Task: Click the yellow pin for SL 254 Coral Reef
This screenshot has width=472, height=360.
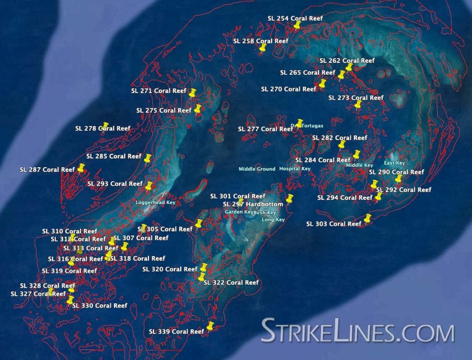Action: point(297,25)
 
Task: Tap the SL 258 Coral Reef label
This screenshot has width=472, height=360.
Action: point(260,41)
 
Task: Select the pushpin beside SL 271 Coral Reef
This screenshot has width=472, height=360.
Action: point(192,93)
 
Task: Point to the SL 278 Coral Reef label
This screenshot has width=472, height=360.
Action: point(102,128)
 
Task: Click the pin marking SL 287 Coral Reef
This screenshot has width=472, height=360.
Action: point(81,168)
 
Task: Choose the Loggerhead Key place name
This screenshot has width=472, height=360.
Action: point(155,203)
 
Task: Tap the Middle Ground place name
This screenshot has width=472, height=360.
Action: point(257,169)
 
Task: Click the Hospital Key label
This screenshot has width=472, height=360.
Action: point(295,169)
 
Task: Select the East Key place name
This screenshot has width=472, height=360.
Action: point(395,163)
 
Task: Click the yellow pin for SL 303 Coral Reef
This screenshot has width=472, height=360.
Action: point(368,218)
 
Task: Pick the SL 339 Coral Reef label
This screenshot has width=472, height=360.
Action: point(176,332)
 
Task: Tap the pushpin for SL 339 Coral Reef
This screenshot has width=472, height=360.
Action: point(210,326)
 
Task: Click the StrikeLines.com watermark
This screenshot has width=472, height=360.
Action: point(357,331)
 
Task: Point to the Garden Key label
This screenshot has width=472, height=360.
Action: point(239,212)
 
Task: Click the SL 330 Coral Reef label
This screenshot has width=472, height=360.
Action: point(100,306)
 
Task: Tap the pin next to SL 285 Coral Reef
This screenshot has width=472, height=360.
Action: point(147,158)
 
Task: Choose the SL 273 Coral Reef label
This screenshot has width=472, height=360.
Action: point(355,98)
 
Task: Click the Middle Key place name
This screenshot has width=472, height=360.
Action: point(359,165)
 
